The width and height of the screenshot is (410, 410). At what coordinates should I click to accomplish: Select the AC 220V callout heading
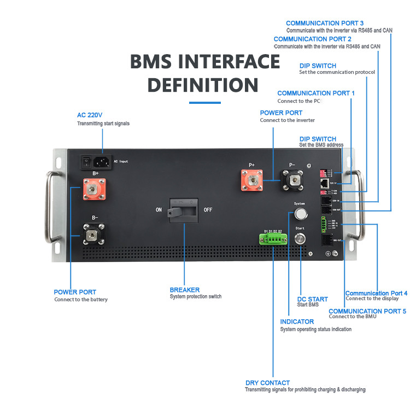[90, 115]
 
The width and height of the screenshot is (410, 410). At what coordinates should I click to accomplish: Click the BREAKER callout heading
[184, 290]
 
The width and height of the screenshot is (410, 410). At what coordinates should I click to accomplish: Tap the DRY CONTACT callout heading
[267, 383]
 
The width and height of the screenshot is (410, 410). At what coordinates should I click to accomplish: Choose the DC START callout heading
[312, 299]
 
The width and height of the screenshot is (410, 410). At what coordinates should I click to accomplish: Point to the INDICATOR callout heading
[297, 322]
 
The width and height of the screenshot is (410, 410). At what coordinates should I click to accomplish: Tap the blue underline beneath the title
[204, 102]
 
